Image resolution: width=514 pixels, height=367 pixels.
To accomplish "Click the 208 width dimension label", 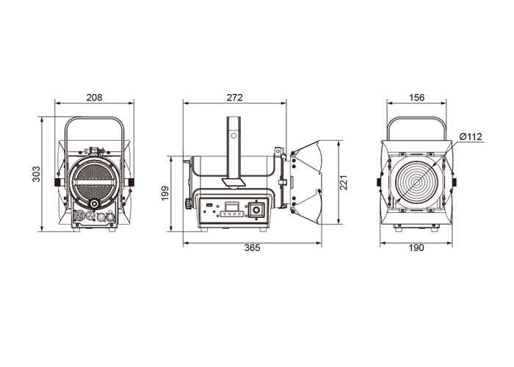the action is (94, 98).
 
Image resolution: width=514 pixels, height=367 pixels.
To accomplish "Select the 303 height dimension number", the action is (36, 174).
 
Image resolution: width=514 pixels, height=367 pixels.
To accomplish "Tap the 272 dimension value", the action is (234, 98).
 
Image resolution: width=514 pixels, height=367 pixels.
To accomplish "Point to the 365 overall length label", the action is (252, 248).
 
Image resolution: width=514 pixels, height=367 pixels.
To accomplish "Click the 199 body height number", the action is (165, 193).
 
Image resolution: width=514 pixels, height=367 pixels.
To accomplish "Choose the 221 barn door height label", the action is (344, 183).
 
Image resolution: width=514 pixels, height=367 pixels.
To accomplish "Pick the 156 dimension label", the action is (416, 98).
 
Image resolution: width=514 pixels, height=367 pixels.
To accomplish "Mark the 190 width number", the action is (416, 248).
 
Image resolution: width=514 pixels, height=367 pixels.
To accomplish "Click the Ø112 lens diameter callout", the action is (471, 137).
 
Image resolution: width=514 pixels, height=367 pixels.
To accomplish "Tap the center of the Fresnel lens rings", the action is (416, 183).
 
